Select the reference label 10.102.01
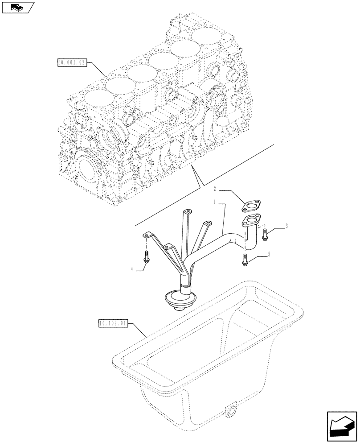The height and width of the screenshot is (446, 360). click(x=112, y=322)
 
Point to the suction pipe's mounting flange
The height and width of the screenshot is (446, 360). click(x=252, y=220)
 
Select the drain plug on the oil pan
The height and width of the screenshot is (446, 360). click(x=232, y=413)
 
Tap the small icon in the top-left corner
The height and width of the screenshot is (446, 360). click(x=17, y=7)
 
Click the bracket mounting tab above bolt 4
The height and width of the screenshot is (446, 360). click(x=148, y=234)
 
